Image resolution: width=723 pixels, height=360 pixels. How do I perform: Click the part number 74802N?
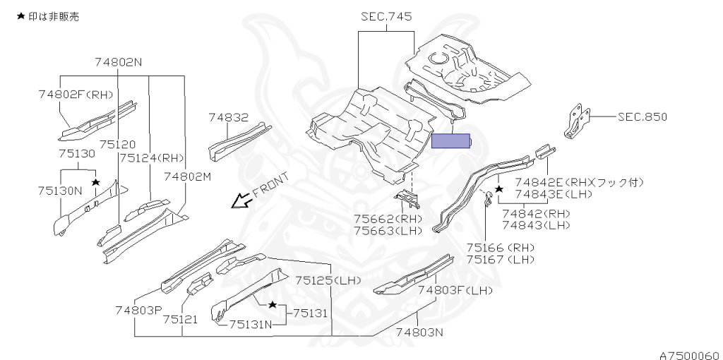coord(118,62)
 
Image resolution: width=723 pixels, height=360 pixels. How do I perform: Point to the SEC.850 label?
coord(642,117)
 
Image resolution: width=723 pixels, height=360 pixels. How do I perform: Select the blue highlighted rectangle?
coord(450,140)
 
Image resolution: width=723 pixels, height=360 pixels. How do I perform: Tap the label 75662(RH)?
coord(388,219)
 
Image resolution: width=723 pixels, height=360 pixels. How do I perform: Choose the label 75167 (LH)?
coord(500,259)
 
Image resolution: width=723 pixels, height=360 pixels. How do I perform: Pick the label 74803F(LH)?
coord(454,289)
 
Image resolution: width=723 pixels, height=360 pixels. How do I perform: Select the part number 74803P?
coord(138,309)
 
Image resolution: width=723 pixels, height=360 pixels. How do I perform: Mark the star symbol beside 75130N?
coord(95,183)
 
